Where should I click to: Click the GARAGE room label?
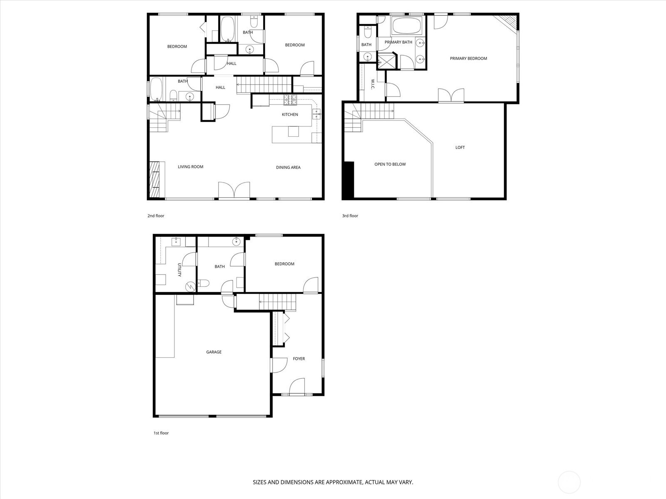pos(214,352)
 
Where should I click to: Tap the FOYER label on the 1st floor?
pos(298,358)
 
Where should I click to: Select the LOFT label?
pos(460,147)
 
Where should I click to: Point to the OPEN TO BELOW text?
pos(390,164)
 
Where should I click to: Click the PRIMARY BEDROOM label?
pos(468,58)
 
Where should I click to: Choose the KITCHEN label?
pos(290,114)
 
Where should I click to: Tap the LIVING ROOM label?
pos(191,167)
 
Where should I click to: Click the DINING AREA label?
pos(288,167)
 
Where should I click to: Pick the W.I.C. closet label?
pos(373,84)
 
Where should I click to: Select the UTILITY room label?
pos(179,269)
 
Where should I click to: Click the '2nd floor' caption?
pos(156,216)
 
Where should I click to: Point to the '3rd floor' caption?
pos(350,216)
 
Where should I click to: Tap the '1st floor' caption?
pos(161,433)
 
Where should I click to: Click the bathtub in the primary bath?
pos(407,26)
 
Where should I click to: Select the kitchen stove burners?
pos(291,100)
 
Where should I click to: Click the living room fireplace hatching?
pos(154,179)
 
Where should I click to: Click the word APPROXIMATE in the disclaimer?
pos(344,482)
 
